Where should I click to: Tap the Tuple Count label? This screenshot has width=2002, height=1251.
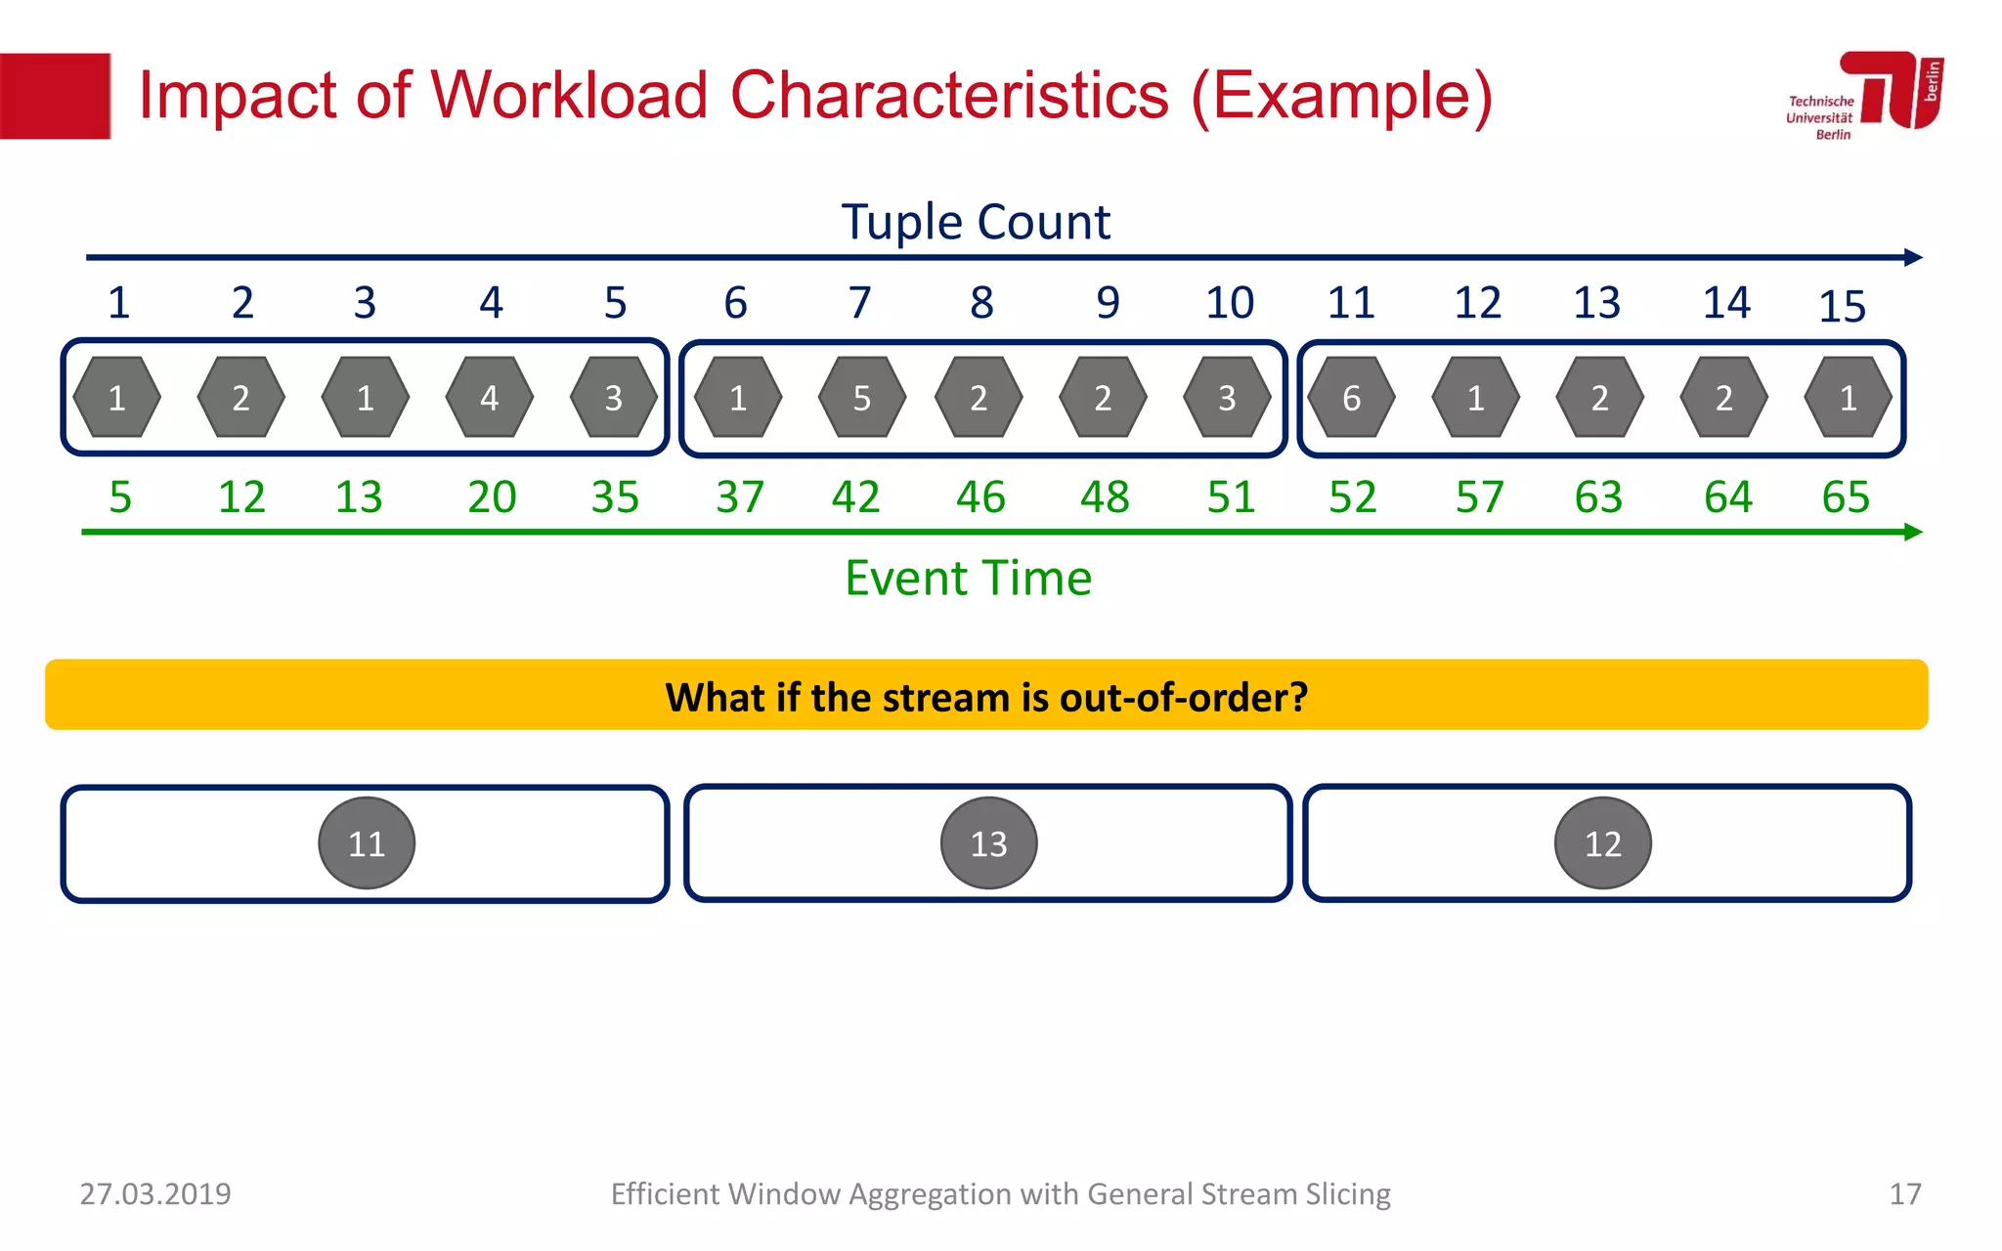point(976,222)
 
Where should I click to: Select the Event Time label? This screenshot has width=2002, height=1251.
point(968,578)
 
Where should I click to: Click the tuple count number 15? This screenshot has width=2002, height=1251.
point(1842,307)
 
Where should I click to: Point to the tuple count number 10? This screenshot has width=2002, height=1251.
point(1229,303)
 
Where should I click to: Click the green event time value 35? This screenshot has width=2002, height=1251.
point(615,497)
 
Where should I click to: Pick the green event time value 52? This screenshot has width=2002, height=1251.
point(1352,497)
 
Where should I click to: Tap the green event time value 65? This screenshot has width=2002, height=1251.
point(1845,497)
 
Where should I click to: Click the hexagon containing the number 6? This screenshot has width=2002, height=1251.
point(1351,398)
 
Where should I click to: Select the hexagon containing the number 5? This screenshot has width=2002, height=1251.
point(861,398)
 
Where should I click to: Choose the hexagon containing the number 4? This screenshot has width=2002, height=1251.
point(489,398)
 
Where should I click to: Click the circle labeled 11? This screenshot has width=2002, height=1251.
point(367,843)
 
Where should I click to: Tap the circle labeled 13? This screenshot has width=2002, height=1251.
point(988,843)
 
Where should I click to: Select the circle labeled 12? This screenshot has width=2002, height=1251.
point(1602,843)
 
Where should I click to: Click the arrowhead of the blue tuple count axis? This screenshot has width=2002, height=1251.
point(1913,258)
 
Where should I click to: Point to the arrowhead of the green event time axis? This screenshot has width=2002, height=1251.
point(1913,532)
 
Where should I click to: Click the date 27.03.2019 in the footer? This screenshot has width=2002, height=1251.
point(155,1194)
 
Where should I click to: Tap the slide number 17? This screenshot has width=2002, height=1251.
point(1904,1194)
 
